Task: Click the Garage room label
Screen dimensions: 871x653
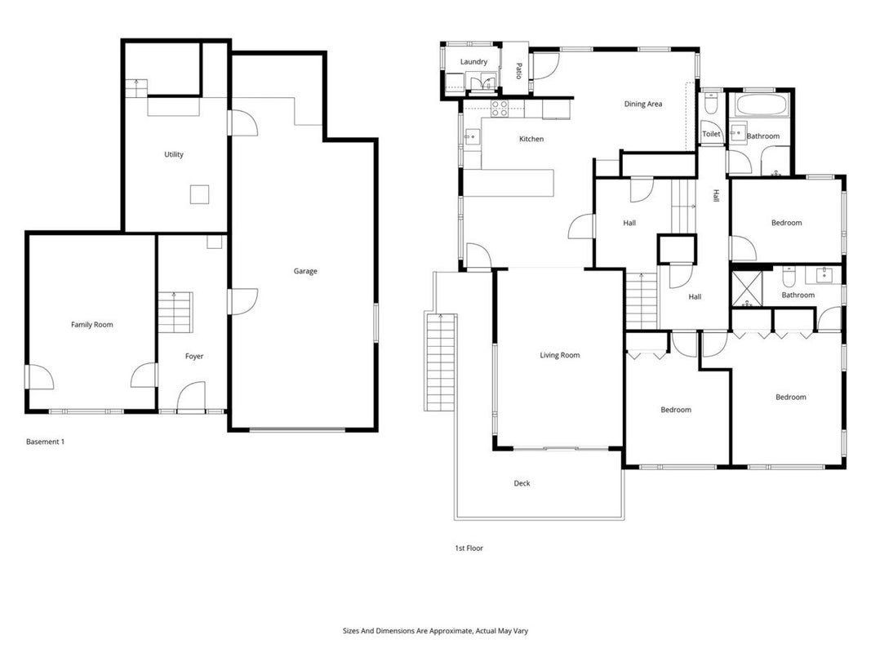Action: [x=305, y=271]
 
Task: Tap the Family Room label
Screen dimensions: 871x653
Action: [x=91, y=324]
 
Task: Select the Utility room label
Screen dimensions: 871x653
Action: [x=173, y=154]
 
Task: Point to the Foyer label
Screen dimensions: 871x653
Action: [x=193, y=357]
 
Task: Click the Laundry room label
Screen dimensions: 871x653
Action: [x=473, y=62]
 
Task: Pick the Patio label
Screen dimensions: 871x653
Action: [x=518, y=71]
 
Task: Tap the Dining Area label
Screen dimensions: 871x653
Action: [x=642, y=104]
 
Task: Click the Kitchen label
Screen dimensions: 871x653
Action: [x=531, y=139]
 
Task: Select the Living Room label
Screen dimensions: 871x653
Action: [x=559, y=355]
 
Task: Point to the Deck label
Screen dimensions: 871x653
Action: [x=522, y=483]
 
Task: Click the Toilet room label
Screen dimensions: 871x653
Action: [x=711, y=134]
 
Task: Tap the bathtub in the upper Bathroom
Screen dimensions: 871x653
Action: [x=762, y=105]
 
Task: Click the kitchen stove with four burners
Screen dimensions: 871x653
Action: [x=500, y=109]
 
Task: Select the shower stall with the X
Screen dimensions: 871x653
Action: [x=747, y=289]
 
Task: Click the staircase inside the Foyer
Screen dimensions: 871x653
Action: [x=175, y=312]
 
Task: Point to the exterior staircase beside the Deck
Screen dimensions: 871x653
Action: [x=441, y=362]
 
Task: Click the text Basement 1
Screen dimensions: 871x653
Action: [x=45, y=442]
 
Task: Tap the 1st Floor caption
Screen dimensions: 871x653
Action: [x=469, y=548]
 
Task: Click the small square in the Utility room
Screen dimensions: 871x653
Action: [x=199, y=194]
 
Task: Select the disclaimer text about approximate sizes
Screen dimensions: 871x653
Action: [x=435, y=631]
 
